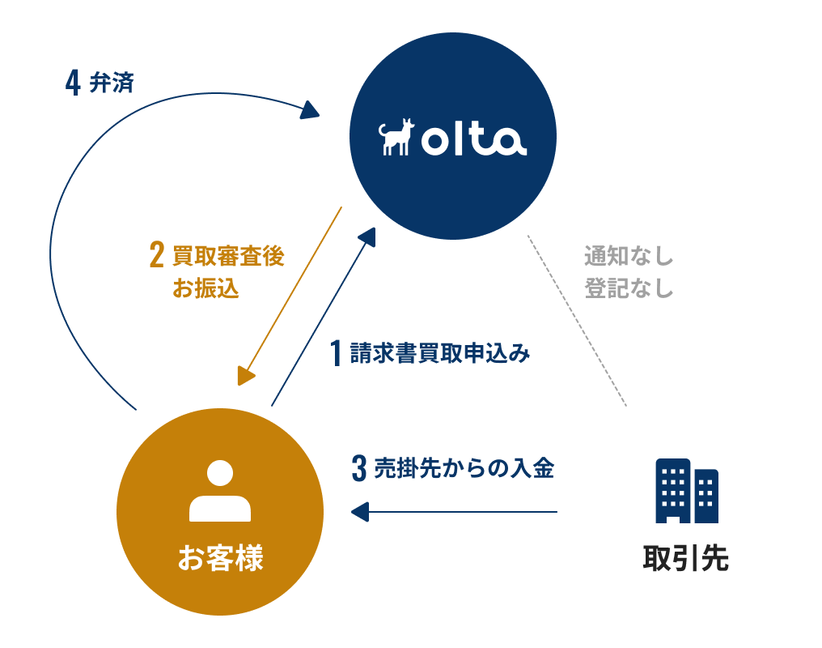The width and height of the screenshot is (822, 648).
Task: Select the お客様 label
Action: [220, 558]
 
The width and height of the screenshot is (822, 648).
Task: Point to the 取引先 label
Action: [686, 559]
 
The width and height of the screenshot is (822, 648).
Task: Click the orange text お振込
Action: [205, 288]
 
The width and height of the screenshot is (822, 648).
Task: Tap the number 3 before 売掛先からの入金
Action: [359, 469]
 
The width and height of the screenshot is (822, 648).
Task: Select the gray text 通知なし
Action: [629, 257]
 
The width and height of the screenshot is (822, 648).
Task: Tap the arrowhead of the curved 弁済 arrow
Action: [311, 109]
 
